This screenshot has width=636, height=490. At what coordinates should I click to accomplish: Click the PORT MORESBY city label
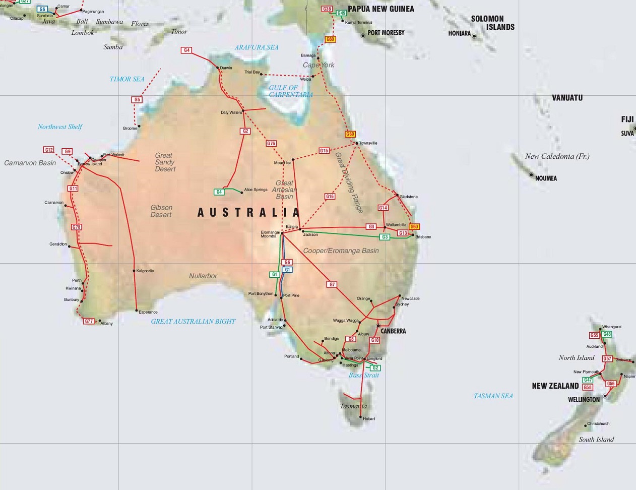[386, 33]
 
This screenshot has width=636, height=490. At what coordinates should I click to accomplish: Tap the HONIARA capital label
[459, 34]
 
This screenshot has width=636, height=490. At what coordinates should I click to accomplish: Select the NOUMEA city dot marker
[531, 175]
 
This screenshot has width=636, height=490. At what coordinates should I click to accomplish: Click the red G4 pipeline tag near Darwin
[186, 50]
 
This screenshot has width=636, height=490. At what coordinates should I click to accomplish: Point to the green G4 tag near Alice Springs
[219, 192]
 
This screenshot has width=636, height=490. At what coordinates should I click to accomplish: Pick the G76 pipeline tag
[271, 144]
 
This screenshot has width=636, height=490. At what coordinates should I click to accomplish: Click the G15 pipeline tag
[324, 151]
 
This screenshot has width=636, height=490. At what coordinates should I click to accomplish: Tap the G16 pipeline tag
[330, 197]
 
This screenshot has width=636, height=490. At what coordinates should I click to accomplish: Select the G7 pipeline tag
[332, 285]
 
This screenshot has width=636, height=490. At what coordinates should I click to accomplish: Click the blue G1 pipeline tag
[287, 270]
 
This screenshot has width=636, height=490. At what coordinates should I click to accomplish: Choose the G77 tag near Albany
[89, 321]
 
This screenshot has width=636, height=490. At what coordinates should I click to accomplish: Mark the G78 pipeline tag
[76, 227]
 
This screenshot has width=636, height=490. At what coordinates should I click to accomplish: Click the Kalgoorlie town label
[145, 271]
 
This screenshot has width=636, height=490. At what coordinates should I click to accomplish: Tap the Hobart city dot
[361, 417]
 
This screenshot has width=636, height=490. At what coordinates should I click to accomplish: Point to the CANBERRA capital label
[393, 331]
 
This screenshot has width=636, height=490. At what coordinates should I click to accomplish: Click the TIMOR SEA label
[127, 79]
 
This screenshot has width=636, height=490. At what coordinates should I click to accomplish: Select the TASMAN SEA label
[493, 396]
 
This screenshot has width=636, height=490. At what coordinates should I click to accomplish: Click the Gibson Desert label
[161, 211]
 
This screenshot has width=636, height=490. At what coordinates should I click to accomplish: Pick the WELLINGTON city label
[584, 400]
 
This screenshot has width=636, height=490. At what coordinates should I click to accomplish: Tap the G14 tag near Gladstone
[383, 208]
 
